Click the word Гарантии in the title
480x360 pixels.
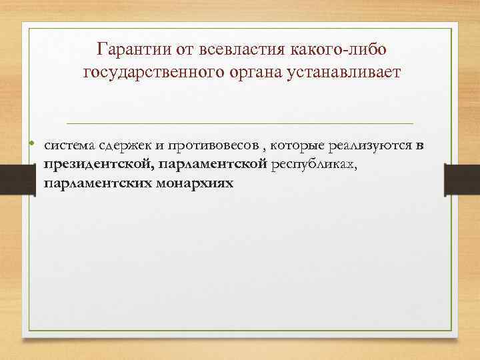coord(132,49)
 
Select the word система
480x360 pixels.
coord(67,146)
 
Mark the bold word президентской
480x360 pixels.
coord(97,164)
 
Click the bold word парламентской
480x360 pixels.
coord(212,164)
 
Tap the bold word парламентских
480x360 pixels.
coord(97,182)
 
